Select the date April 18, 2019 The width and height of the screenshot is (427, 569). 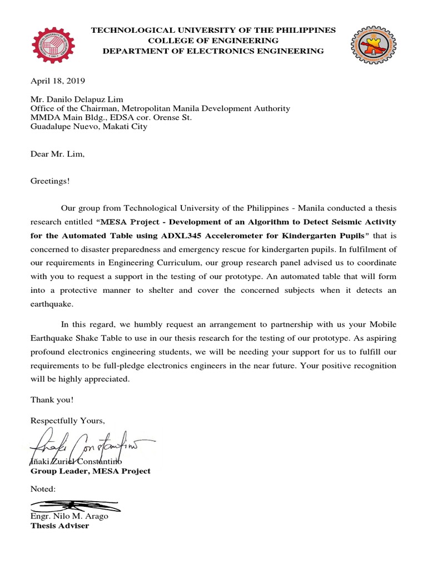(58, 81)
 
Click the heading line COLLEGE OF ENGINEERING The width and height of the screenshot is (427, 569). (213, 41)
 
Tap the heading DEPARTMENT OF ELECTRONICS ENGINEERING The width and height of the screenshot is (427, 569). (213, 51)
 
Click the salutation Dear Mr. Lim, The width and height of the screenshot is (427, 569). (58, 154)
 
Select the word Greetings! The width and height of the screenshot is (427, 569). (51, 181)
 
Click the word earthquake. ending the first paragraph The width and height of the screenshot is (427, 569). (51, 305)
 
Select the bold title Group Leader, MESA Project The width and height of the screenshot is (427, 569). (90, 471)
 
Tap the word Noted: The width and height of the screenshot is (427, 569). (43, 489)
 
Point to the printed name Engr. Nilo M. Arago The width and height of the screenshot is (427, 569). (69, 516)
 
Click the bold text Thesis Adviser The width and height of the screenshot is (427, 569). (59, 526)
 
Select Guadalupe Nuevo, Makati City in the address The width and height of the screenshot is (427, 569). (89, 127)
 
